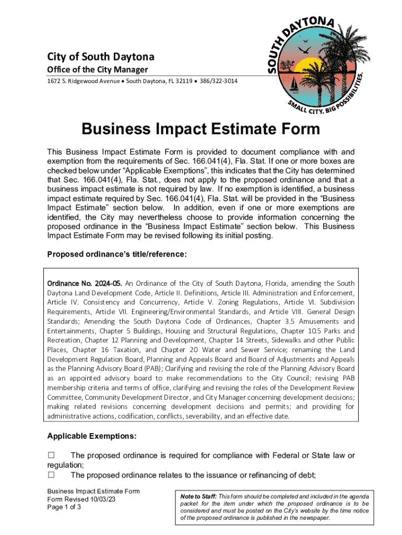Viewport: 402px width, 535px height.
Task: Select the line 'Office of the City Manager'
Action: click(x=98, y=70)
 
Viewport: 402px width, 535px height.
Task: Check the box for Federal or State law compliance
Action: click(x=51, y=456)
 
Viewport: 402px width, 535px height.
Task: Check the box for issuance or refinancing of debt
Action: click(x=51, y=475)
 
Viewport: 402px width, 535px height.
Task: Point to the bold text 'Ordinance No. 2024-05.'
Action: click(x=85, y=283)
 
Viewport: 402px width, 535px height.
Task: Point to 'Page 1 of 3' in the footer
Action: click(x=64, y=507)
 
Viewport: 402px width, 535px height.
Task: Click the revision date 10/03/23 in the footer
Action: click(x=102, y=499)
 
